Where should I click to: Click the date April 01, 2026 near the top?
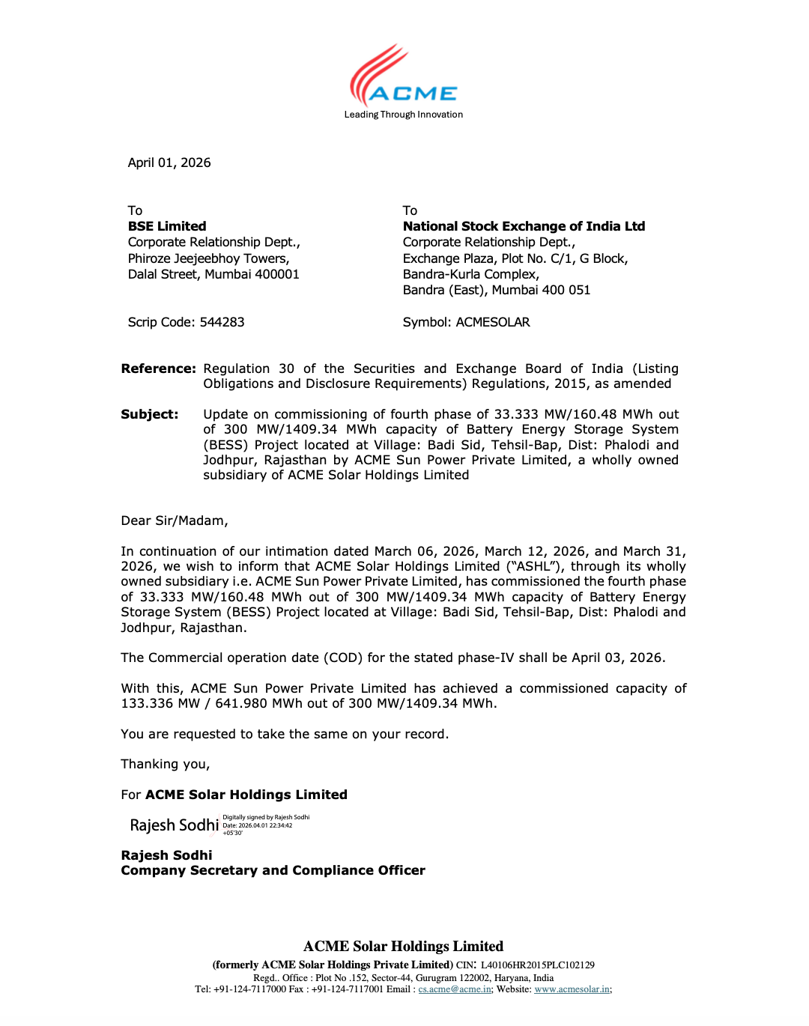(x=169, y=163)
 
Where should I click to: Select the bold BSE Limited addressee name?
(x=167, y=226)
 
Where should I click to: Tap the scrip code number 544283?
(x=222, y=322)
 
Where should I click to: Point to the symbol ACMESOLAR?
(x=492, y=322)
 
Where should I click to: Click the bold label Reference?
(x=158, y=368)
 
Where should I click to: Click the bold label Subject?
(x=150, y=414)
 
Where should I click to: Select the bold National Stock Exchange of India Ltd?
(x=524, y=226)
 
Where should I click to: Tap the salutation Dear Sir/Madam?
(x=175, y=520)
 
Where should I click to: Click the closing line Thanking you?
(x=166, y=764)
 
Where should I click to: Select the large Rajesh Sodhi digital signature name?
(x=174, y=825)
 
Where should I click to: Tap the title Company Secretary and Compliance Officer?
(x=273, y=870)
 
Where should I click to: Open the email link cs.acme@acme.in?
(x=455, y=989)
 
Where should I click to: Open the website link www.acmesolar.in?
(x=572, y=989)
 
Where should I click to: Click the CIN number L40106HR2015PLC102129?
(x=537, y=965)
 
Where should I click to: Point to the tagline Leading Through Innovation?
(x=403, y=115)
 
